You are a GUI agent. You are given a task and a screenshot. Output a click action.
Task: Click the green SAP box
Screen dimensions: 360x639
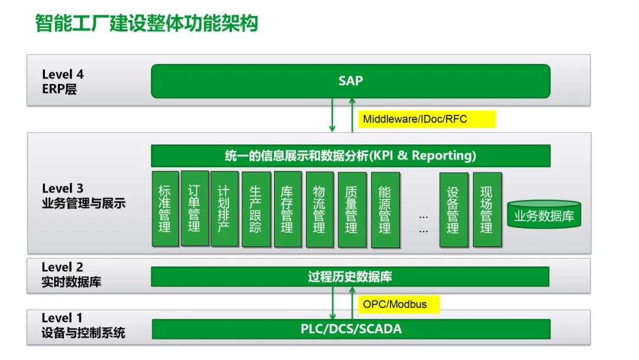coord(350,81)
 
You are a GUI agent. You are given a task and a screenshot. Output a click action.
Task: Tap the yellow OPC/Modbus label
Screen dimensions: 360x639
coord(394,304)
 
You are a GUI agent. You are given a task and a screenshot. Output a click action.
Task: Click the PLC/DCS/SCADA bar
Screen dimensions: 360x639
coord(351,329)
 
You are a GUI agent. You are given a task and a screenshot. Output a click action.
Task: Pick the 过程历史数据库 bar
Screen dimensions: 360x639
coord(350,277)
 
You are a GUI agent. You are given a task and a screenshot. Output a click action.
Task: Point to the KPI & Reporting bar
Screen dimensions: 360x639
coord(350,156)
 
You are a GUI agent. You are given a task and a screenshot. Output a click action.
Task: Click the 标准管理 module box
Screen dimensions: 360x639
coord(164,209)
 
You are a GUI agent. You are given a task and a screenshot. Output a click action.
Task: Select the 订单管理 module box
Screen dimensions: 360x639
coord(193,209)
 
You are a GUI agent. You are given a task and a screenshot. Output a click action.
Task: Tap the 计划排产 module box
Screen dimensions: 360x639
coord(224,209)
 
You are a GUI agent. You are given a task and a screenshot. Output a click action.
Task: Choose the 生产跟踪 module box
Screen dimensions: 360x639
coord(256,209)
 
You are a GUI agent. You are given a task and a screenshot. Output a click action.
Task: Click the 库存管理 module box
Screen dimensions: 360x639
coord(287,209)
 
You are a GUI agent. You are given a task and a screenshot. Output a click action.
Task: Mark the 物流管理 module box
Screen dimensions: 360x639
coord(319,209)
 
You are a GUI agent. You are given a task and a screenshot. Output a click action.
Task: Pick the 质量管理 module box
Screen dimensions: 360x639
coord(351,209)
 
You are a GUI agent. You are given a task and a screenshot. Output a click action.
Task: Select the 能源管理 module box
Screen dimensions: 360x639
coord(385,209)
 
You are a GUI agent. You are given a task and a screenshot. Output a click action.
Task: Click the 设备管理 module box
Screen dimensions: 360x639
coord(453,209)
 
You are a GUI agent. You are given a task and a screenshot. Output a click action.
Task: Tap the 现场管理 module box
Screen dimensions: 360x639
coord(486,209)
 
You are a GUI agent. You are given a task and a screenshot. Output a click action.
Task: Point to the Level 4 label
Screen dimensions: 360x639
coord(63,75)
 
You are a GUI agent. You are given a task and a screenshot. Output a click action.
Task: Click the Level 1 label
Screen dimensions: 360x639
coord(62,318)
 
